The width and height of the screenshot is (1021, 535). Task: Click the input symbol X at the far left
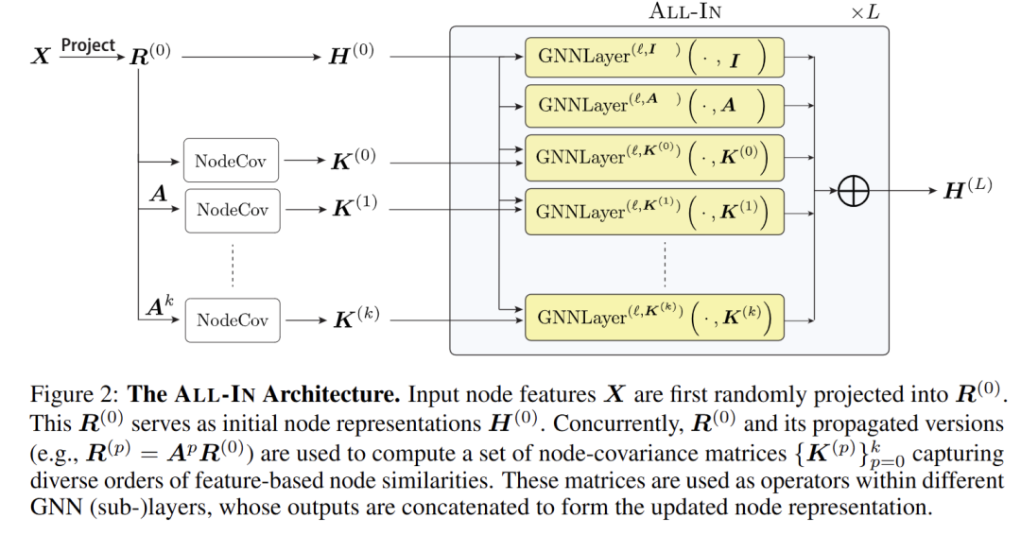pos(41,56)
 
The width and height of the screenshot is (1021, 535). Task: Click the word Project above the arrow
pos(88,45)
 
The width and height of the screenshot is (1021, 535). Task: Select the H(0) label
pos(351,55)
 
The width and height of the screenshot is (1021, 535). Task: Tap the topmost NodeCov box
pos(232,161)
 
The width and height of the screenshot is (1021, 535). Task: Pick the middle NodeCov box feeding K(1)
pos(233,210)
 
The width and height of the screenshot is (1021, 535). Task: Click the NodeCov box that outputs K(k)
pos(233,320)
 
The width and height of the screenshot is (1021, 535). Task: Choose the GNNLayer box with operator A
pos(654,106)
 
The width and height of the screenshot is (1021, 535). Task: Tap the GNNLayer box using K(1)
pos(654,211)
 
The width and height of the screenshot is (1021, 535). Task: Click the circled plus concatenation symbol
pos(853,191)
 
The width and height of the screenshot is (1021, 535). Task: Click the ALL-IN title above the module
pos(687,11)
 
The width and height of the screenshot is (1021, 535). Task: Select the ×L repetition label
pos(864,11)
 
